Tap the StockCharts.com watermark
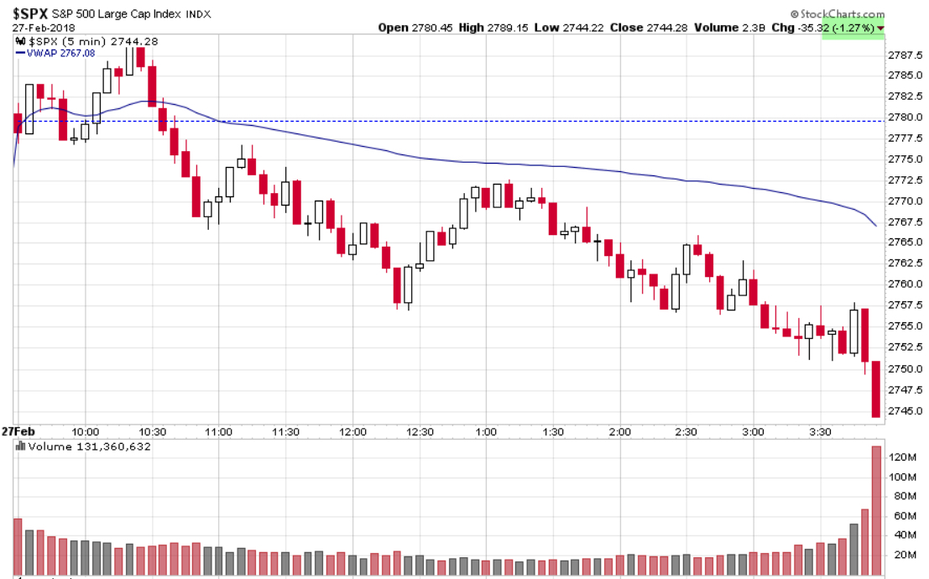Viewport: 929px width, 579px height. click(x=841, y=13)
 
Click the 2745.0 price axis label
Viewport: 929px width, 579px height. click(x=906, y=411)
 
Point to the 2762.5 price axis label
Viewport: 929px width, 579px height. click(x=906, y=263)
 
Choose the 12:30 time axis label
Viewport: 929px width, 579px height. click(x=420, y=432)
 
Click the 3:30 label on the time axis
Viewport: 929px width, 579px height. click(x=820, y=432)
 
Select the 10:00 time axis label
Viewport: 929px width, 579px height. click(x=86, y=432)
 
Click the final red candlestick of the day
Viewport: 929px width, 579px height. click(x=876, y=389)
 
